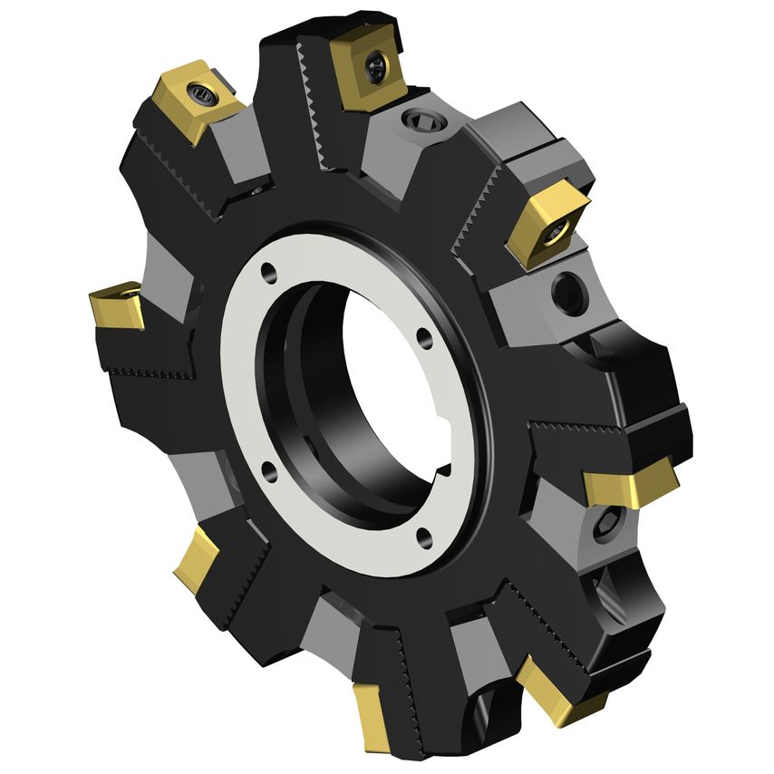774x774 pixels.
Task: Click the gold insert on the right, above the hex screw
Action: pos(631,486)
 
